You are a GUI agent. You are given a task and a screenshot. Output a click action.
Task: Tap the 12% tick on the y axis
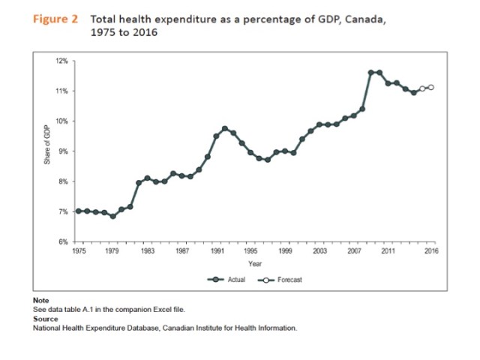pos(62,61)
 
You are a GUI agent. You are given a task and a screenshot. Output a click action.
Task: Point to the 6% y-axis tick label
pos(63,241)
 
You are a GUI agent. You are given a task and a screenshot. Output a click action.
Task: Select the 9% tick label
pos(63,151)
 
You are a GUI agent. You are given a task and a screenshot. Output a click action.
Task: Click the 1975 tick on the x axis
pos(78,251)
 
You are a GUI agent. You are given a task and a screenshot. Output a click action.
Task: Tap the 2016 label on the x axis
pos(430,251)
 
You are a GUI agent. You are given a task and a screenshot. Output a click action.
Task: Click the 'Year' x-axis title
pos(255,263)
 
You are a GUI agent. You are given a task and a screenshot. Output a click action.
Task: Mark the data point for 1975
pos(79,211)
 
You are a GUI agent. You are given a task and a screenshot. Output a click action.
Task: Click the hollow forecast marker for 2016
pos(430,88)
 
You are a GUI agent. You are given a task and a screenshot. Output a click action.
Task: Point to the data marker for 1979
pos(112,216)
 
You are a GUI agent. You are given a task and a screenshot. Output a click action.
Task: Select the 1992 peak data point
pos(225,128)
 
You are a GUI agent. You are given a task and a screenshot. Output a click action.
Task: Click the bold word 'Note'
pos(40,300)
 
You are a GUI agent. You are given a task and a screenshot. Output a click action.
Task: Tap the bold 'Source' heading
pos(45,318)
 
